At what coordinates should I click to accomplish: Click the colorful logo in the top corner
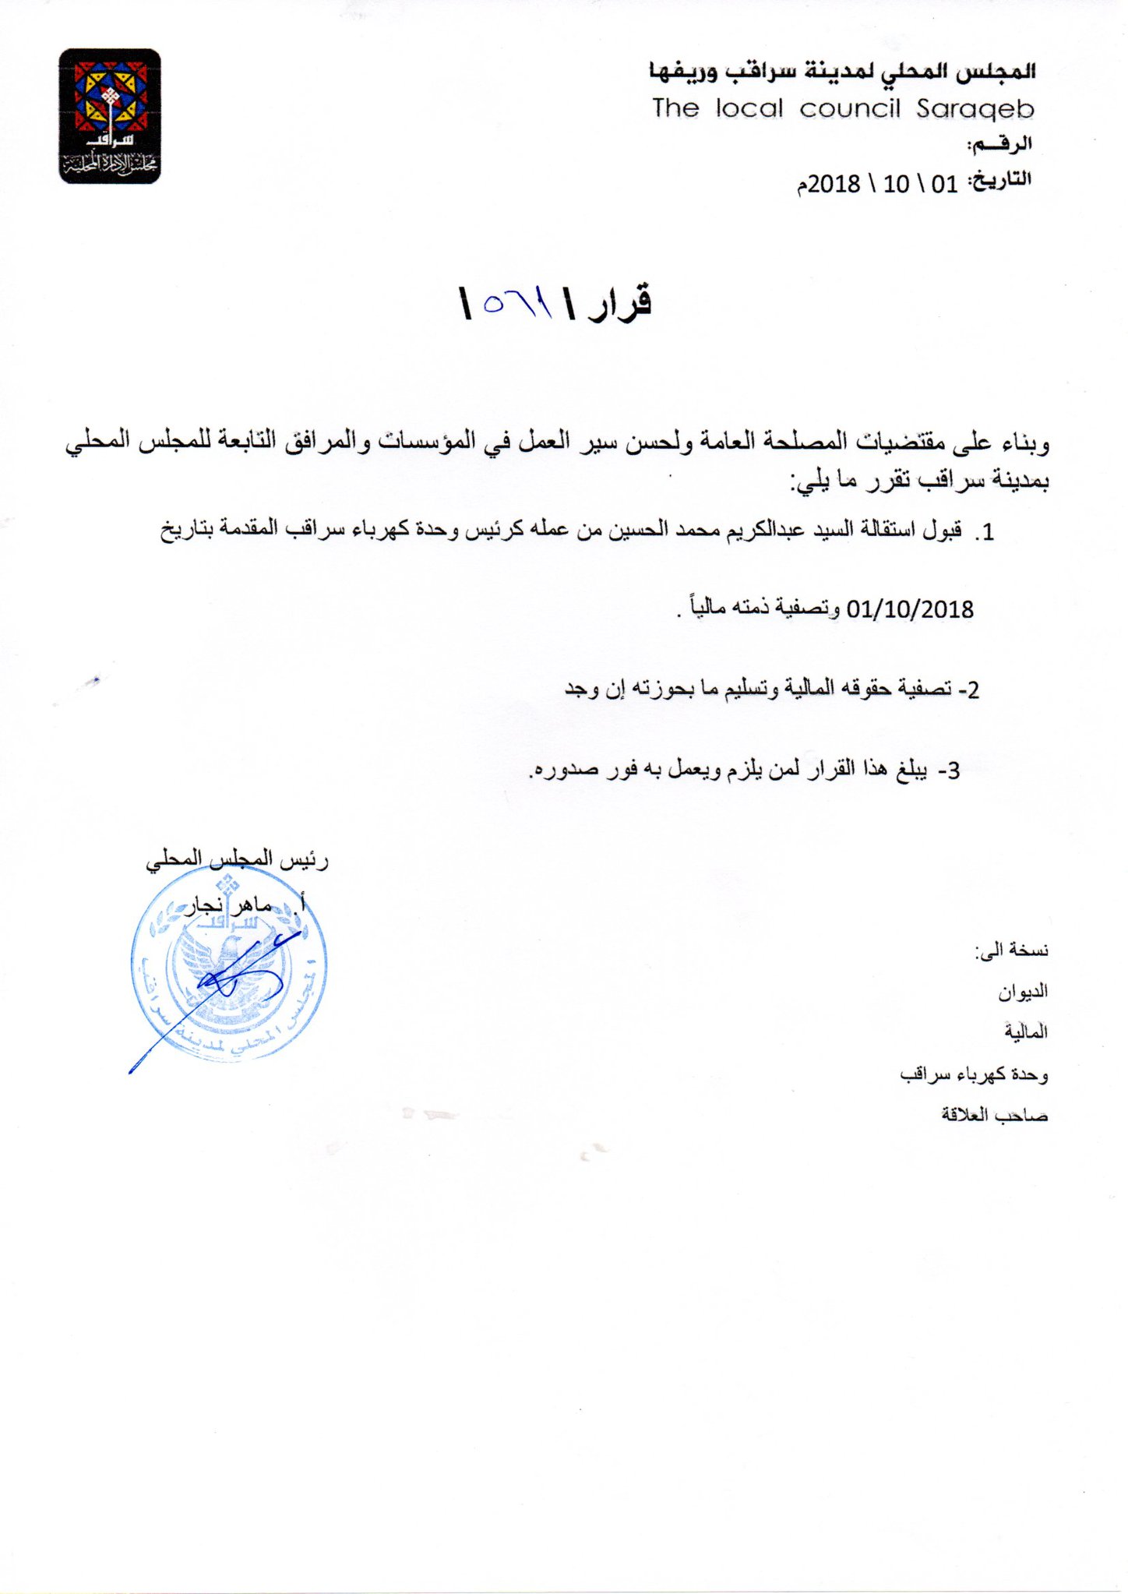pyautogui.click(x=109, y=116)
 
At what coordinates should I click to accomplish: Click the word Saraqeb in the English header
pyautogui.click(x=975, y=108)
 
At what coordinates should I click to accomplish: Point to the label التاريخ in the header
pyautogui.click(x=1000, y=180)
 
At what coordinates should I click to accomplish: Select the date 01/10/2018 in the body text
pyautogui.click(x=909, y=608)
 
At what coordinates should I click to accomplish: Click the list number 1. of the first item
pyautogui.click(x=985, y=533)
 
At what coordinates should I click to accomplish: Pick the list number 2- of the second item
pyautogui.click(x=968, y=689)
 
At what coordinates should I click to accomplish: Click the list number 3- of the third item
pyautogui.click(x=949, y=771)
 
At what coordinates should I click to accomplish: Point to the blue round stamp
pyautogui.click(x=228, y=965)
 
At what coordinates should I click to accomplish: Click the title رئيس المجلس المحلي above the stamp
pyautogui.click(x=237, y=859)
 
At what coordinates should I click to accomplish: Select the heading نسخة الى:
pyautogui.click(x=1011, y=950)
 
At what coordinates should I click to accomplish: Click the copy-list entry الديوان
pyautogui.click(x=1023, y=992)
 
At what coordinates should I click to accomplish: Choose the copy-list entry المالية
pyautogui.click(x=1025, y=1032)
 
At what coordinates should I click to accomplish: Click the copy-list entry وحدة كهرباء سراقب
pyautogui.click(x=974, y=1074)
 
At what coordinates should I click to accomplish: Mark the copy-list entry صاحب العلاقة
pyautogui.click(x=994, y=1115)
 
